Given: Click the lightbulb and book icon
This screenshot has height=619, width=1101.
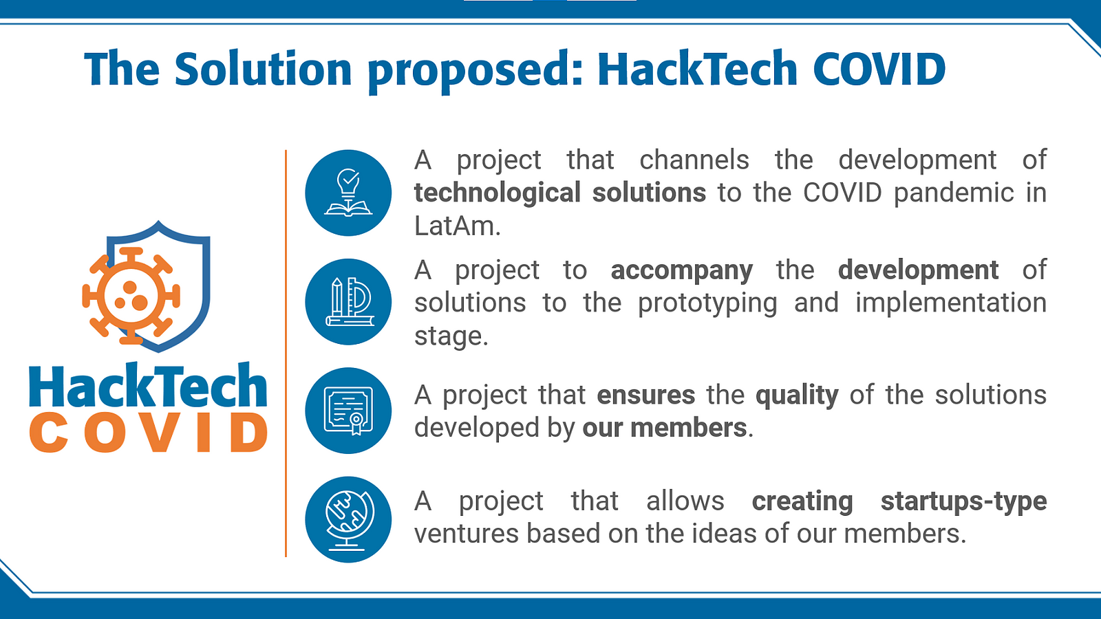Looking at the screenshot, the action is (348, 193).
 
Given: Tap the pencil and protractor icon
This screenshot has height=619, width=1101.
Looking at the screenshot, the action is (348, 302).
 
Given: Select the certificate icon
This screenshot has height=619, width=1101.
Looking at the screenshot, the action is (348, 411).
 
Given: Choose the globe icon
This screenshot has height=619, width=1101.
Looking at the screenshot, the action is (348, 520).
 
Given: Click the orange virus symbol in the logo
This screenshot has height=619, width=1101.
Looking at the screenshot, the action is (131, 295).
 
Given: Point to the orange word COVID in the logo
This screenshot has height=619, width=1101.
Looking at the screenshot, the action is (149, 433).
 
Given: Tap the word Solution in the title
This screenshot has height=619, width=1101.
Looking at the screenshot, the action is (263, 68).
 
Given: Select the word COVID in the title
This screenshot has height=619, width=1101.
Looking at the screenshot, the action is (879, 68).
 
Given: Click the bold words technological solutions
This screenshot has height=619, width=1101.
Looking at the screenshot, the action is (560, 193).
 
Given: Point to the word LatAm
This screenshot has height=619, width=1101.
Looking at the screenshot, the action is (457, 226).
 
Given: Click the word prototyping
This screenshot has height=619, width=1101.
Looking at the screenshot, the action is (707, 304).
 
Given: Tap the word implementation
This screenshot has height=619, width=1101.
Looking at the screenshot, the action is (950, 303).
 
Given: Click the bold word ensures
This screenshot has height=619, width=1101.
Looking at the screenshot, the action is (646, 395).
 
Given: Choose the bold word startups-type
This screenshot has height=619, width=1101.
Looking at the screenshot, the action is (963, 502).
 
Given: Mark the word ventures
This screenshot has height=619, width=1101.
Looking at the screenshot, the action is (466, 534).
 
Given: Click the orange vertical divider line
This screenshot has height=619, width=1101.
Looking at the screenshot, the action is (286, 354).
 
